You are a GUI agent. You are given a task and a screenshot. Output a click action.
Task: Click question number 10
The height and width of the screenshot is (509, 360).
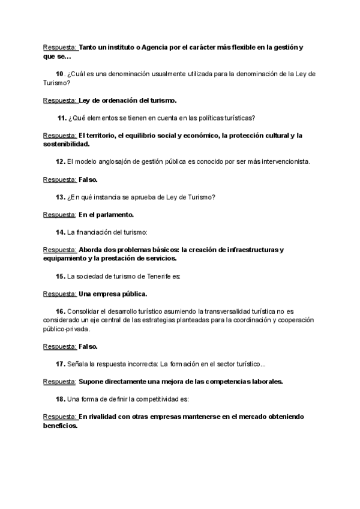59,74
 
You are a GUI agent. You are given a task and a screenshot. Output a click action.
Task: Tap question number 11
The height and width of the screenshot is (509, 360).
61,118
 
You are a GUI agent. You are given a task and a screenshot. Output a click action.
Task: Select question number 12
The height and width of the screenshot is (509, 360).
60,161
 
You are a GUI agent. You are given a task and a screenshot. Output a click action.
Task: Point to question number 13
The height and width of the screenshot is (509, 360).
60,197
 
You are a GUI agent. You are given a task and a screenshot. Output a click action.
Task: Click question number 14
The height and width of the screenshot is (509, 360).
60,232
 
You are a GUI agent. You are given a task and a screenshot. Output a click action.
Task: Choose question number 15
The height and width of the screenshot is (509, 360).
60,276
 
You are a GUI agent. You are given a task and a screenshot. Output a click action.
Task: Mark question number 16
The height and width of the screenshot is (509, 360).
60,312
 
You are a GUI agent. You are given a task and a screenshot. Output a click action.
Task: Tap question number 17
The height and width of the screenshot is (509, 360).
60,364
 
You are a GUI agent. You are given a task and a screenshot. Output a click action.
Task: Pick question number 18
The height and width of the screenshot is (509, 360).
60,399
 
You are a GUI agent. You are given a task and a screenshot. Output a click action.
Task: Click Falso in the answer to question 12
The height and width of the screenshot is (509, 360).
88,179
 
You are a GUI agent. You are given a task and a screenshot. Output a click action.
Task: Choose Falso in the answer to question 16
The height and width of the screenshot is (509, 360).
88,346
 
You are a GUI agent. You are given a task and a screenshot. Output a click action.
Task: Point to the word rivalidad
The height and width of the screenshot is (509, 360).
99,417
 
